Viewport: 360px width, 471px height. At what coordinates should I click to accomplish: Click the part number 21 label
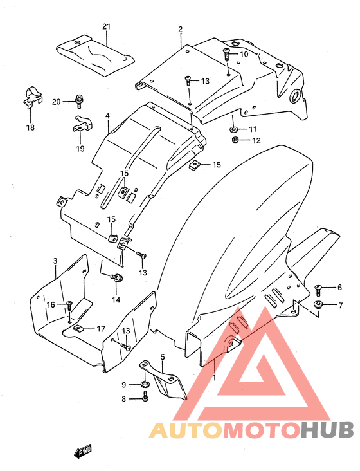pyautogui.click(x=107, y=27)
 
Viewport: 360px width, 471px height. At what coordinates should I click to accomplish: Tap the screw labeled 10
pyautogui.click(x=226, y=54)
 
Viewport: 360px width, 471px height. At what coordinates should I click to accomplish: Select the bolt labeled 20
pyautogui.click(x=79, y=101)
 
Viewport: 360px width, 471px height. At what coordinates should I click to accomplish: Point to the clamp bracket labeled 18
pyautogui.click(x=32, y=97)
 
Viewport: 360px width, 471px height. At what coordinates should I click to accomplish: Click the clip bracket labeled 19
pyautogui.click(x=82, y=124)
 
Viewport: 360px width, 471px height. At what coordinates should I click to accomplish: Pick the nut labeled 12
pyautogui.click(x=235, y=140)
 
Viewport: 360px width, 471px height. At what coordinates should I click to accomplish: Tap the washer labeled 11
pyautogui.click(x=234, y=129)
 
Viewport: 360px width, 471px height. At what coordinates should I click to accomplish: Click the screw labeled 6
pyautogui.click(x=318, y=290)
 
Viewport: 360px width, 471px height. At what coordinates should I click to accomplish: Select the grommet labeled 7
pyautogui.click(x=318, y=304)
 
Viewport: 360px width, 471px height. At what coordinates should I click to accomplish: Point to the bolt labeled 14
pyautogui.click(x=117, y=278)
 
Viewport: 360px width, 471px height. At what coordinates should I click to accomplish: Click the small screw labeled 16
pyautogui.click(x=69, y=305)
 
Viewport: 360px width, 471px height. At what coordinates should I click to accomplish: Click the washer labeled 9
pyautogui.click(x=145, y=384)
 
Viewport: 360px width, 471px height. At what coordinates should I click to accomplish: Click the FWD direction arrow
pyautogui.click(x=83, y=451)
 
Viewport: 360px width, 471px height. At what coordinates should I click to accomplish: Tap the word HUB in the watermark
pyautogui.click(x=327, y=430)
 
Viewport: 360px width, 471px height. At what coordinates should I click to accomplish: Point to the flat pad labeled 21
pyautogui.click(x=95, y=55)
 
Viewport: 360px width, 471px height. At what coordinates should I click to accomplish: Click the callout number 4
pyautogui.click(x=107, y=115)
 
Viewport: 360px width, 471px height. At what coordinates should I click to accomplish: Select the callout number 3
pyautogui.click(x=55, y=261)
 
